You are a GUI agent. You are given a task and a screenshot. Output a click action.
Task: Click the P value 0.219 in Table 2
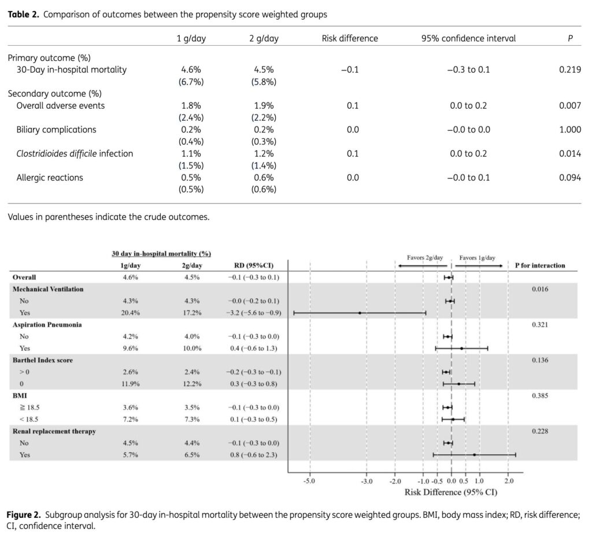pyautogui.click(x=569, y=70)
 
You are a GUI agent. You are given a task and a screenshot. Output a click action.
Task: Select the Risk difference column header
pyautogui.click(x=350, y=39)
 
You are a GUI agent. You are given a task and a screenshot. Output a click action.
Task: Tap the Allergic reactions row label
pyautogui.click(x=49, y=177)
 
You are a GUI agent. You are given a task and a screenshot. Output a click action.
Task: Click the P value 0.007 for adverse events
pyautogui.click(x=569, y=106)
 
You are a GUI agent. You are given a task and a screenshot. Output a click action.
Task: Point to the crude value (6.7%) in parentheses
pyautogui.click(x=191, y=82)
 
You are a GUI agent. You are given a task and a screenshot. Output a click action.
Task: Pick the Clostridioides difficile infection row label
pyautogui.click(x=75, y=154)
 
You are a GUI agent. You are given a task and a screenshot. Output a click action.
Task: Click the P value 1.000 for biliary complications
pyautogui.click(x=569, y=129)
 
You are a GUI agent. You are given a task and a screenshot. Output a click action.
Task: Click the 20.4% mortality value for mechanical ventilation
pyautogui.click(x=128, y=313)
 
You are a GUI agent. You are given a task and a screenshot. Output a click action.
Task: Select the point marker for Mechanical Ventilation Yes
pyautogui.click(x=360, y=313)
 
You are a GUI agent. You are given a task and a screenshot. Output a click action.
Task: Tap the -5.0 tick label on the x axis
pyautogui.click(x=309, y=481)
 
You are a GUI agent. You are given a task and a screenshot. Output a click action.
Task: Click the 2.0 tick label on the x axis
pyautogui.click(x=508, y=481)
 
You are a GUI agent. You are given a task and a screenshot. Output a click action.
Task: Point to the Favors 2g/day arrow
pyautogui.click(x=422, y=265)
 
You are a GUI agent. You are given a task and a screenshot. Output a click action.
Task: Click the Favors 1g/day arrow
pyautogui.click(x=478, y=265)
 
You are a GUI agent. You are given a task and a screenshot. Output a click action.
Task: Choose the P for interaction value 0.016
pyautogui.click(x=540, y=289)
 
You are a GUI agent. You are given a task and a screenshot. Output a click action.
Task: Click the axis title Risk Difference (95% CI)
pyautogui.click(x=450, y=492)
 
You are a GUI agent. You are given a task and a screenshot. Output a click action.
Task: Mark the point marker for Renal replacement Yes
pyautogui.click(x=474, y=455)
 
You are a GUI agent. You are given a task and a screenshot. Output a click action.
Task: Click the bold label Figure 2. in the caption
pyautogui.click(x=24, y=514)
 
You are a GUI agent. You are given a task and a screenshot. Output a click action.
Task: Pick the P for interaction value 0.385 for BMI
pyautogui.click(x=540, y=396)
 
